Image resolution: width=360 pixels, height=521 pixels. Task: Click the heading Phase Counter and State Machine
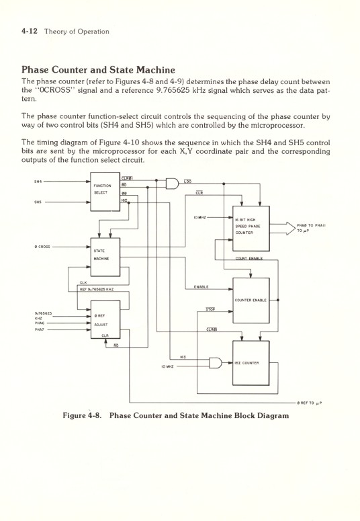pos(98,69)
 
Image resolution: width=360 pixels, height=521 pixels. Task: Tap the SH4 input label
pos(38,182)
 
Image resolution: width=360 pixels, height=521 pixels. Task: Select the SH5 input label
pos(38,201)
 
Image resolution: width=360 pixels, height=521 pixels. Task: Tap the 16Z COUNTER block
pos(251,363)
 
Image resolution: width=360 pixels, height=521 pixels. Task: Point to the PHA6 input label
pos(39,323)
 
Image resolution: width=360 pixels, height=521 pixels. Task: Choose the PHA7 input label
pos(39,329)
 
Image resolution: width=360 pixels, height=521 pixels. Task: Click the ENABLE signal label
pos(200,287)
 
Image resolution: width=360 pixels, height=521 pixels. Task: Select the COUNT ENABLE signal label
pos(249,257)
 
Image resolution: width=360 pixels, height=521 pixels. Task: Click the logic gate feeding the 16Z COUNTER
pos(215,363)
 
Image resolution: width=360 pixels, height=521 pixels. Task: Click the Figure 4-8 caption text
pos(175,415)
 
